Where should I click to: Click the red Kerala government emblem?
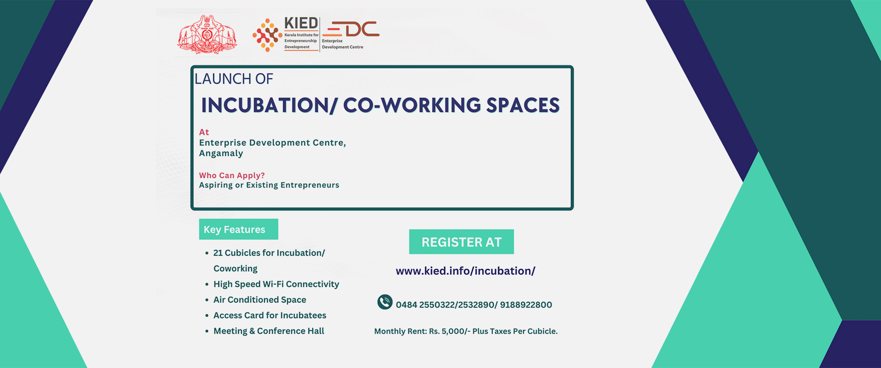point(207,35)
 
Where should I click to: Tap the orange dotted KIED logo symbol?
point(267,35)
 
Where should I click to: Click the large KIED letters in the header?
point(301,23)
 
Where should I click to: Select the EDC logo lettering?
point(351,29)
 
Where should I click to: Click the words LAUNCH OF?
point(234,79)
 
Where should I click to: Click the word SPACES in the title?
point(523,105)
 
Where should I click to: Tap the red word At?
point(204,132)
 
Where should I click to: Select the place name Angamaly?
point(221,153)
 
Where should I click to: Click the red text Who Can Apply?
point(232,176)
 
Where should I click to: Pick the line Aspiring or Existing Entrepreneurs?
point(269,185)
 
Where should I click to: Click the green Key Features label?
point(239,229)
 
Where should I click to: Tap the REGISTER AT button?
point(462,242)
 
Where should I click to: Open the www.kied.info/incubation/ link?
point(465,271)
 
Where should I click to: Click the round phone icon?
point(385,302)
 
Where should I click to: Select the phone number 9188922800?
point(526,305)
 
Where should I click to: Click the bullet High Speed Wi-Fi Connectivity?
point(276,284)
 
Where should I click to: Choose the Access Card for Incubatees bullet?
point(270,316)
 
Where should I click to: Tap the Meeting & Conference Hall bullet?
point(269,331)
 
